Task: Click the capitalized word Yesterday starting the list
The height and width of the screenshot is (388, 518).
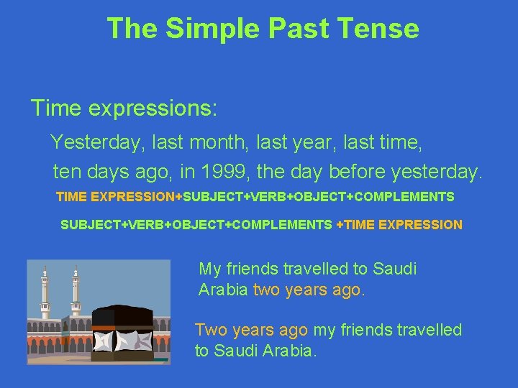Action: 96,142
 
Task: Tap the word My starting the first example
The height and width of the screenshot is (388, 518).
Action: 209,269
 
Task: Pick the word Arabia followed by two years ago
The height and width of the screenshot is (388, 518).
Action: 223,291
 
